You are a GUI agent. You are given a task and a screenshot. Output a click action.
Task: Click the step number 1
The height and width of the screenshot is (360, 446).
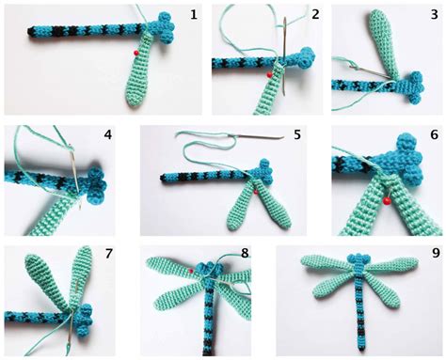(x=193, y=15)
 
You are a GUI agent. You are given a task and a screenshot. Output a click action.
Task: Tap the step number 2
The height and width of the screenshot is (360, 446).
(x=315, y=15)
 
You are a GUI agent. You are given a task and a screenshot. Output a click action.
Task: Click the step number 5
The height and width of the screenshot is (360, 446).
(x=296, y=134)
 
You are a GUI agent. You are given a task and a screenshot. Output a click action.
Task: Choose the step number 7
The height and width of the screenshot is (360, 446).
(x=108, y=253)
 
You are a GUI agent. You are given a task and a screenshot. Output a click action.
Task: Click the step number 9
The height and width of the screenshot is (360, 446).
(x=434, y=253)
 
